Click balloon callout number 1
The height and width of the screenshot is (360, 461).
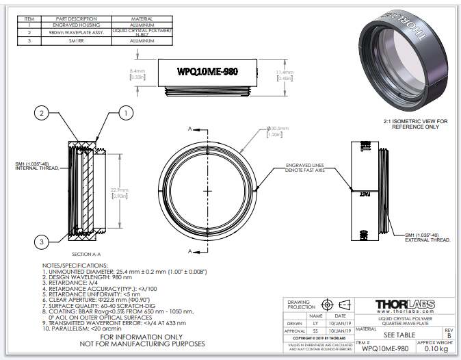[127, 112]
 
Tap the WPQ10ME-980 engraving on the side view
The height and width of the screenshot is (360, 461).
[207, 71]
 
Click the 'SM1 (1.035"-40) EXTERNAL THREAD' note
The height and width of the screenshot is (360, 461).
[427, 237]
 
